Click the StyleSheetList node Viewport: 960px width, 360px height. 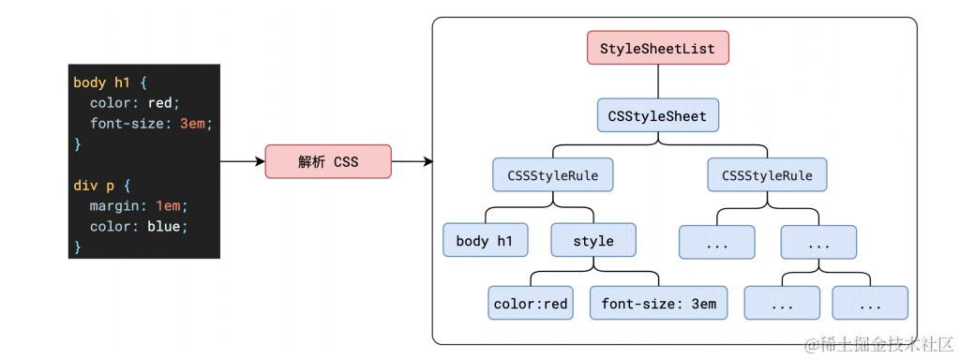tap(658, 48)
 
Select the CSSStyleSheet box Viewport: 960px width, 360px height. tap(657, 115)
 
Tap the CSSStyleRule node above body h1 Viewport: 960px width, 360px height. tap(553, 174)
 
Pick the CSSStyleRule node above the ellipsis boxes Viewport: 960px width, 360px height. tap(767, 174)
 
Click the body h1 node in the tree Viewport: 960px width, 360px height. tap(485, 241)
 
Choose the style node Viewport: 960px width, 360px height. tap(593, 241)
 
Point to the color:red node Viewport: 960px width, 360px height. tap(531, 303)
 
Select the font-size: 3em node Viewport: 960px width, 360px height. tap(659, 303)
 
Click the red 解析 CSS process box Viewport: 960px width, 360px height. tap(328, 161)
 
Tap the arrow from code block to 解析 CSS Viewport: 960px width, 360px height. tap(243, 161)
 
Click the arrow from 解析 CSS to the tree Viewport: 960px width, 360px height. tap(412, 161)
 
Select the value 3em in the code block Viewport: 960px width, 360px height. tap(193, 124)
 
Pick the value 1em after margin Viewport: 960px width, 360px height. tap(169, 206)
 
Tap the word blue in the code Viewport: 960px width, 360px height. tap(164, 227)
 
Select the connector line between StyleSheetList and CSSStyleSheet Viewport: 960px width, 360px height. tap(658, 82)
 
